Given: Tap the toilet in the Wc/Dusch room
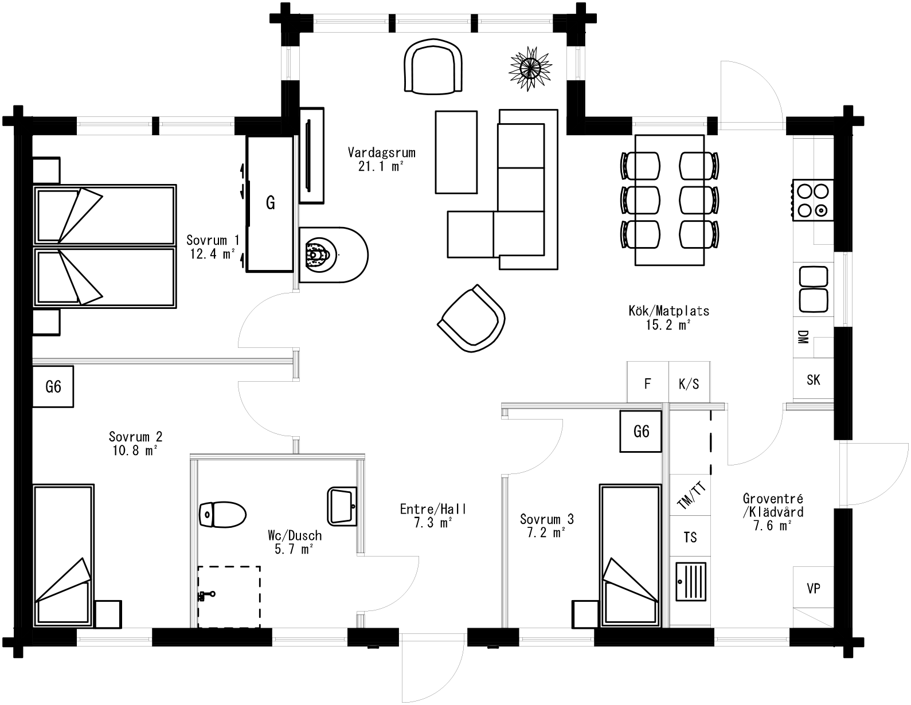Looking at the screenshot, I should pyautogui.click(x=222, y=514).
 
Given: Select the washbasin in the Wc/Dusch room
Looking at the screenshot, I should pyautogui.click(x=342, y=506).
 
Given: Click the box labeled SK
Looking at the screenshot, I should pyautogui.click(x=813, y=379).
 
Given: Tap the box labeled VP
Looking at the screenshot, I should pyautogui.click(x=813, y=588).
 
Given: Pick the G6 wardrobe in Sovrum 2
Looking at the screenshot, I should pyautogui.click(x=53, y=387).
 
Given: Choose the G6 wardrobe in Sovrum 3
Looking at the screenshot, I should pyautogui.click(x=641, y=431).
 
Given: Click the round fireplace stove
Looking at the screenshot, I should pyautogui.click(x=333, y=254).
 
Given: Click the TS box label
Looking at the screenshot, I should pyautogui.click(x=690, y=537).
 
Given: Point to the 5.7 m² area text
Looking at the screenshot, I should pyautogui.click(x=294, y=549).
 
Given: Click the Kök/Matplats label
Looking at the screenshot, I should pyautogui.click(x=668, y=311).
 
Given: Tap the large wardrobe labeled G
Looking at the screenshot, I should pyautogui.click(x=271, y=202).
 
